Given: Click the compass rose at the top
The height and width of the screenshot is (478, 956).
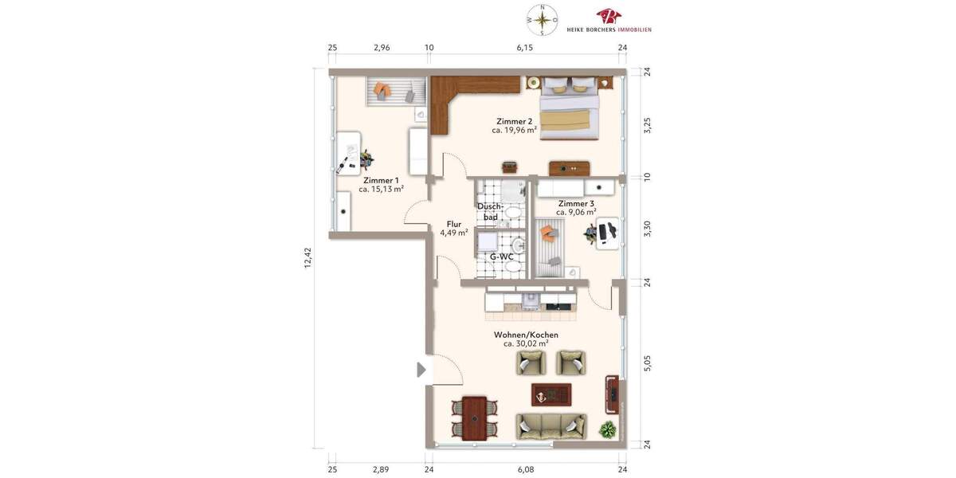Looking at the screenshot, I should coord(543,20).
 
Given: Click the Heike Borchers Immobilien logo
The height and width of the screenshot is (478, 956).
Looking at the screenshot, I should coord(609,21).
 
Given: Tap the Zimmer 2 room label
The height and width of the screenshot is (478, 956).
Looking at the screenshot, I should coord(514,121).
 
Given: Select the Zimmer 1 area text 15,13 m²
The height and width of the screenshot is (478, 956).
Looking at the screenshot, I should coord(381,190).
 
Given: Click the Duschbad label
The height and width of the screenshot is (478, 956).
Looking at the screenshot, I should coord(490,211).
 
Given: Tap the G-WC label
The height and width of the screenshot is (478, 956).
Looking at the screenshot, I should coord(501,257).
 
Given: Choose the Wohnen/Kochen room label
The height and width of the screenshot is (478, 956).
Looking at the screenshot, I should coord(526,335).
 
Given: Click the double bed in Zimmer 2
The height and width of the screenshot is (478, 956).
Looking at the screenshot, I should coord(569,110).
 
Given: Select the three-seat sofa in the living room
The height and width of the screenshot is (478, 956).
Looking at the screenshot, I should coord(550,426).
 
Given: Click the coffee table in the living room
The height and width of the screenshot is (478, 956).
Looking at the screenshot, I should coord(551,394).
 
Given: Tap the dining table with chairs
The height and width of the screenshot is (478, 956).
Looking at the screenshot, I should coord(474,417).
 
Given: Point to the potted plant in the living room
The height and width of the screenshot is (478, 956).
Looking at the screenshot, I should coord(608,429).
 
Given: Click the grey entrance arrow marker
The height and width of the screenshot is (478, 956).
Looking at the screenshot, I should coord(421,370).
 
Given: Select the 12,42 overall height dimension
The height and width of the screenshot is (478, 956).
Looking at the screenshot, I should coord(308,258).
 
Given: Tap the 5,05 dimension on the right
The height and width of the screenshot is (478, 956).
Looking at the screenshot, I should coord(647,363).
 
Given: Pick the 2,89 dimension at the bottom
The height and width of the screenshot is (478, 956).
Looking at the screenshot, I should coord(382,470).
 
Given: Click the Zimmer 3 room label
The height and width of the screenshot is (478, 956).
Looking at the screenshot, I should coord(575,203).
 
